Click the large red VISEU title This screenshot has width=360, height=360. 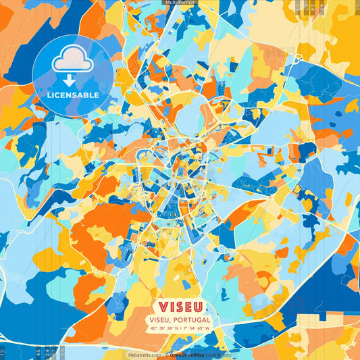coord(180,306)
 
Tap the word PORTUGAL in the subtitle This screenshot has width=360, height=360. coord(191,319)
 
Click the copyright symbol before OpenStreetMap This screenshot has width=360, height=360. coord(168,355)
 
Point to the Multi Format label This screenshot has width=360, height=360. coord(180,3)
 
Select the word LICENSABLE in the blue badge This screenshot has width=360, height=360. coord(73,95)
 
